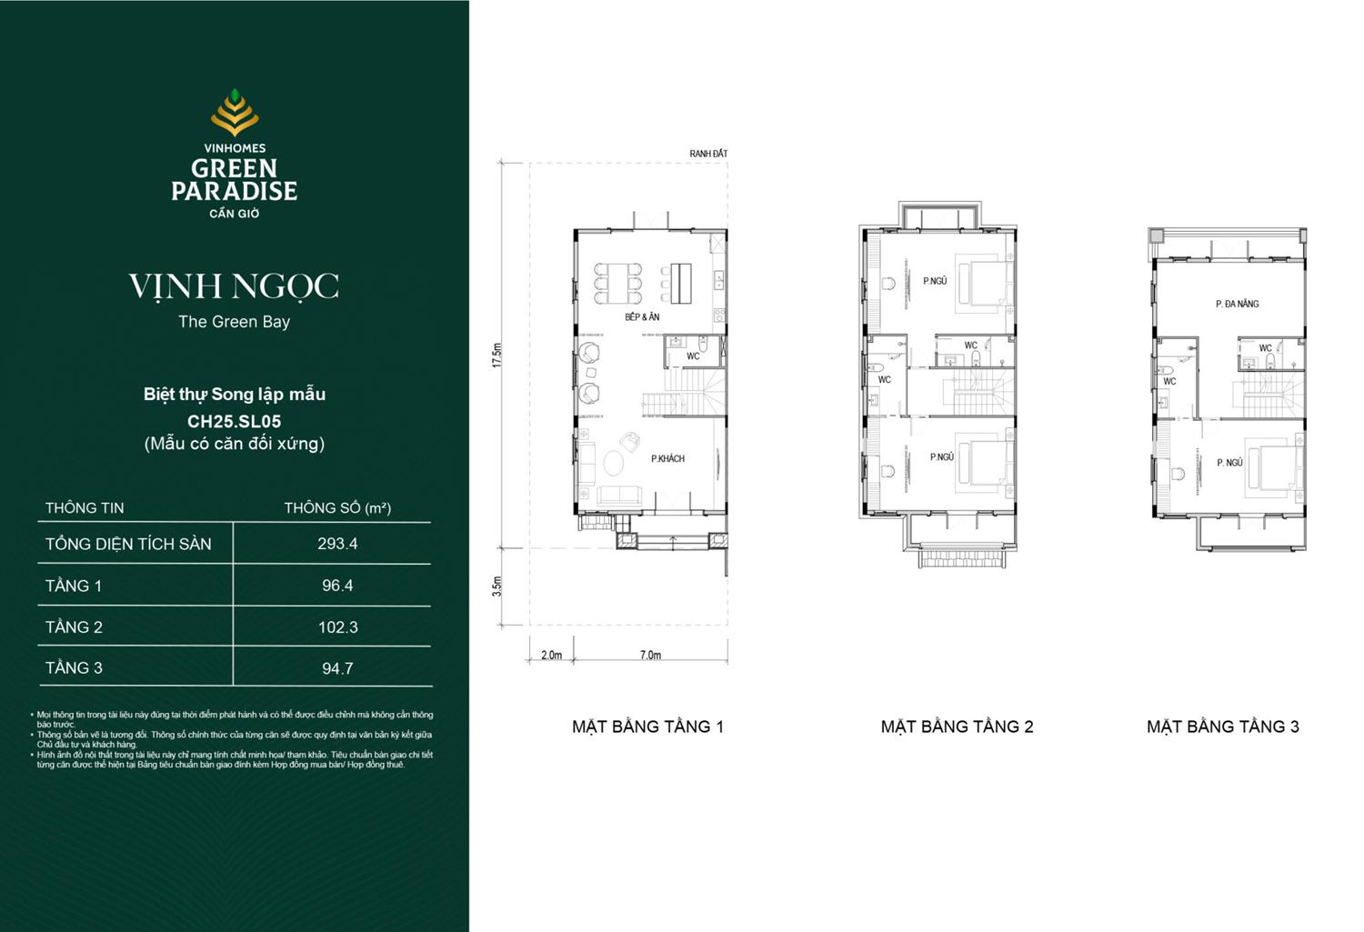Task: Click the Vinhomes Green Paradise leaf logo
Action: tap(235, 113)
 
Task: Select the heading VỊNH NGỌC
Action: tap(234, 286)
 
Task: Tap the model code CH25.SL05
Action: tap(234, 421)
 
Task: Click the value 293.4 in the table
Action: tap(337, 544)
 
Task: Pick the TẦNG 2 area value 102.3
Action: tap(337, 627)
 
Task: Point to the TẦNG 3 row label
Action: tap(74, 668)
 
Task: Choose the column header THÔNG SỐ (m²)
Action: tap(337, 507)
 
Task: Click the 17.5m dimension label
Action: tap(496, 356)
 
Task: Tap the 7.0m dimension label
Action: tap(650, 655)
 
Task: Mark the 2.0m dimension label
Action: tap(551, 655)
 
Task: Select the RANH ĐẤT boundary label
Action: tap(708, 154)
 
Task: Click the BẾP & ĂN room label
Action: tap(642, 317)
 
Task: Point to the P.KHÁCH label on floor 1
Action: tap(667, 459)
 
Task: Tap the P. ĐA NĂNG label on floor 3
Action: tap(1237, 304)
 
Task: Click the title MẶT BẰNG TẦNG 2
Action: tap(957, 727)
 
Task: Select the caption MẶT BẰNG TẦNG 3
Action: tap(1222, 727)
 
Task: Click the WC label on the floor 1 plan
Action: tap(693, 356)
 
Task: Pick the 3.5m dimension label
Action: tap(496, 586)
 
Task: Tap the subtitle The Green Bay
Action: tap(234, 322)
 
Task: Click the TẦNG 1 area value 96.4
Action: tap(337, 586)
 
